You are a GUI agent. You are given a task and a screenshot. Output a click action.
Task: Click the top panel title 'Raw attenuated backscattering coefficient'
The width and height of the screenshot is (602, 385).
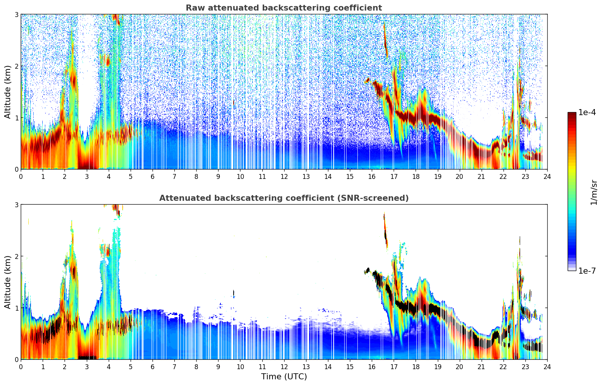click(284, 8)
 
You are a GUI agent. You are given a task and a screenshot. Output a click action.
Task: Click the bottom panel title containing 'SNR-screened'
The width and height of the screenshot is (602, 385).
click(284, 198)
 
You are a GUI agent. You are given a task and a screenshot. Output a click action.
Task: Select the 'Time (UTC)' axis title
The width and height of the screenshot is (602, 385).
click(284, 377)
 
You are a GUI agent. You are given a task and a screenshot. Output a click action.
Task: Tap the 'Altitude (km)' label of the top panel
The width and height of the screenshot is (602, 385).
click(8, 92)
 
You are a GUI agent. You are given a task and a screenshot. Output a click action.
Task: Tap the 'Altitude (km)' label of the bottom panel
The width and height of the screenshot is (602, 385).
click(8, 282)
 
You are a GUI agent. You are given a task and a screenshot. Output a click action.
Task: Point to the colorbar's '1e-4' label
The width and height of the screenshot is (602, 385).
click(587, 112)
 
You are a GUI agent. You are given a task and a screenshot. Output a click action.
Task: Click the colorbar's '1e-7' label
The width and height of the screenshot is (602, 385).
click(587, 271)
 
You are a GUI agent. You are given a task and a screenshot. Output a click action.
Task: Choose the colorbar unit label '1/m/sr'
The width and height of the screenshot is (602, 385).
click(594, 192)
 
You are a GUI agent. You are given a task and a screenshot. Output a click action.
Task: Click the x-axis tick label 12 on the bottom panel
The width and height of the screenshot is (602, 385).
click(284, 367)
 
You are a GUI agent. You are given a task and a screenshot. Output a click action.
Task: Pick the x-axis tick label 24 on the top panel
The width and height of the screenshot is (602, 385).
click(547, 177)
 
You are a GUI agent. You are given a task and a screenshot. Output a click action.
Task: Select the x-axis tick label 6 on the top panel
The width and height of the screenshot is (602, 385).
click(152, 177)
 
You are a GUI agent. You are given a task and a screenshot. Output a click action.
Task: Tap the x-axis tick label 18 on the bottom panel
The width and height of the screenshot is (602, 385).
click(416, 367)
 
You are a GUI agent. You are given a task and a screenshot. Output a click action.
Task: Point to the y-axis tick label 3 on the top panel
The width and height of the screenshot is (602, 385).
click(17, 14)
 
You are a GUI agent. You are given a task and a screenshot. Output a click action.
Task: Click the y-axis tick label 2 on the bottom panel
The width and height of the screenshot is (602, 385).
click(17, 256)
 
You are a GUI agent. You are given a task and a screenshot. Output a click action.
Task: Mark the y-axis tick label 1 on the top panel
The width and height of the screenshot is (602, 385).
click(17, 118)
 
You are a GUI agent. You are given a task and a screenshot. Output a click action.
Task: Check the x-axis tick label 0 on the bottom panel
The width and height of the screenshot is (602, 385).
click(21, 367)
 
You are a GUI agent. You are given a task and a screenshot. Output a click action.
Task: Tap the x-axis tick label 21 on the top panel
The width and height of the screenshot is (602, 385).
click(481, 177)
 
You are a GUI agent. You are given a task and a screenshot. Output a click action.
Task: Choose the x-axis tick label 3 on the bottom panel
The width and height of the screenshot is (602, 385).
click(87, 367)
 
